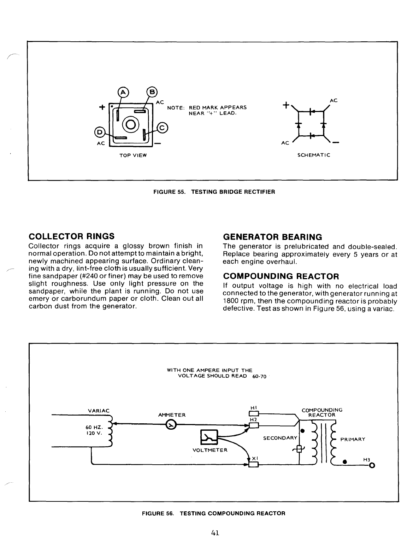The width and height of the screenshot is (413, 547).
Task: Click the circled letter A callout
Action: (x=123, y=92)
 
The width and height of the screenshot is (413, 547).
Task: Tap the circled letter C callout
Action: (x=163, y=128)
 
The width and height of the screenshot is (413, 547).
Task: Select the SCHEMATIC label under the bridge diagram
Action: (x=314, y=155)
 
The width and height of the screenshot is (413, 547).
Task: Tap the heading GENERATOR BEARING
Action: (x=272, y=237)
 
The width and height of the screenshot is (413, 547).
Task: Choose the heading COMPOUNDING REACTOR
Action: (x=281, y=276)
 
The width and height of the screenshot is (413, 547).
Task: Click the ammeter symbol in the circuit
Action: (x=171, y=424)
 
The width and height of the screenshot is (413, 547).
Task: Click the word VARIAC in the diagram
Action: (x=99, y=411)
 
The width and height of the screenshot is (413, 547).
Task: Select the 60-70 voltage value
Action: (x=260, y=376)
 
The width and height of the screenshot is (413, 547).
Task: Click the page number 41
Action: (x=216, y=533)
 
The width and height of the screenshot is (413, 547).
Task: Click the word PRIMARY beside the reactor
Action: (x=352, y=440)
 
